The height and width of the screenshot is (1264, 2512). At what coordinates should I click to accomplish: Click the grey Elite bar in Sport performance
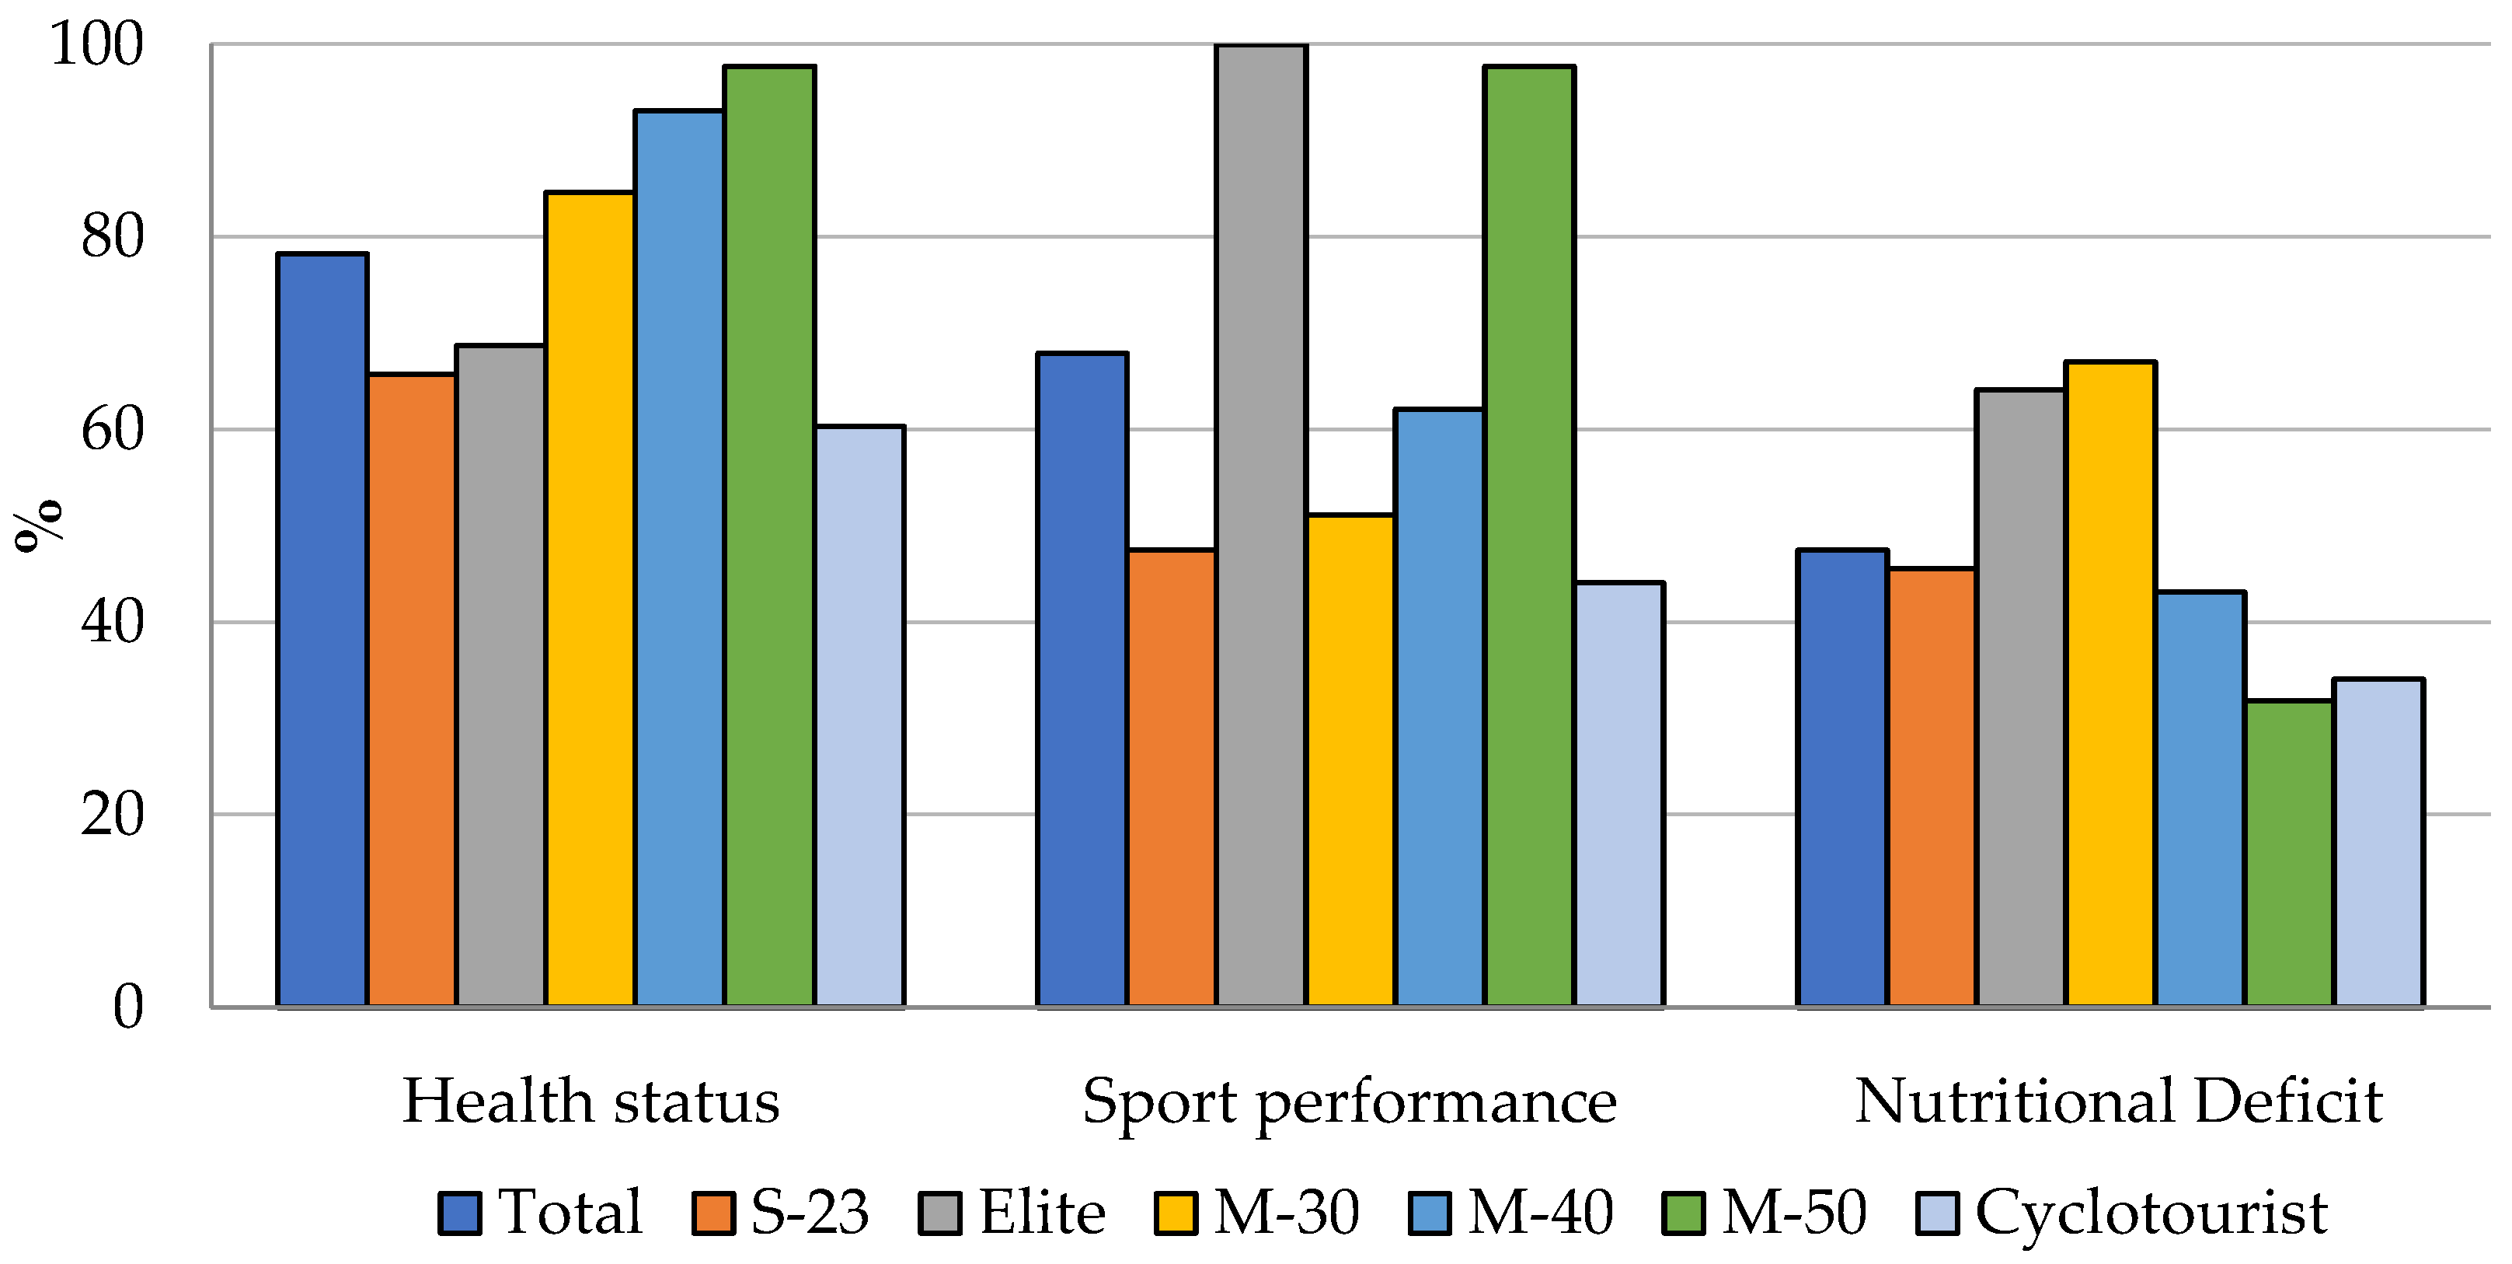[1261, 527]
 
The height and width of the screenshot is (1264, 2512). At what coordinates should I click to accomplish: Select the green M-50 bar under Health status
[769, 536]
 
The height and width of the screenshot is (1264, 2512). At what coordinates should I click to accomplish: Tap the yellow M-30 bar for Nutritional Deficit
[2110, 683]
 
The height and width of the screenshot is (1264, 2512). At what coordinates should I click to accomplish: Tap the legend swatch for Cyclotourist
[1937, 1213]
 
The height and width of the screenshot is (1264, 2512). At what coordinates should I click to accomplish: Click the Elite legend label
[1041, 1213]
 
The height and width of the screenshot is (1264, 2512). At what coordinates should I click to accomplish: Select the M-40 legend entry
[1541, 1213]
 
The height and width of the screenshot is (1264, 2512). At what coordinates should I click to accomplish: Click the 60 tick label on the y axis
[111, 429]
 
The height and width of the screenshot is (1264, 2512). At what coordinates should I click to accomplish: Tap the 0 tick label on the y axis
[127, 1007]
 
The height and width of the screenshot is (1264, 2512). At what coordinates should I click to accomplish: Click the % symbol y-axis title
[37, 527]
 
